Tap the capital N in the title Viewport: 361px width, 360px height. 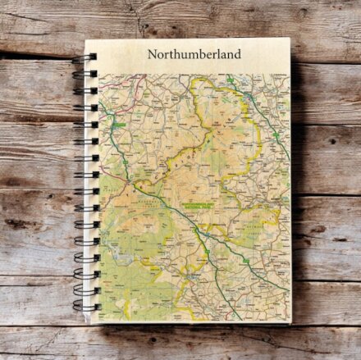click(153, 55)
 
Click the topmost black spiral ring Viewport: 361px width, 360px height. click(85, 57)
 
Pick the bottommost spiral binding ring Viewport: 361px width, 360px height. click(85, 307)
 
